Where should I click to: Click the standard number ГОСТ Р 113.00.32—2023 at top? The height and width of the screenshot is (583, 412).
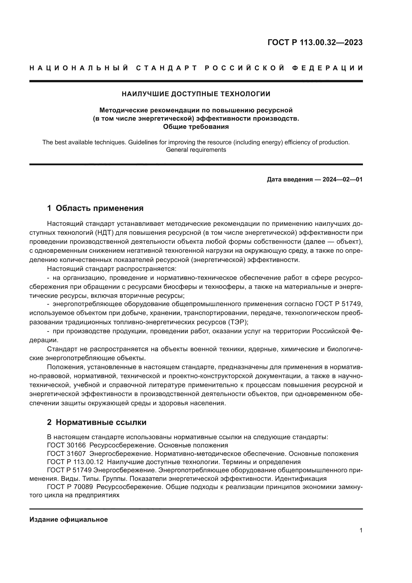[x=315, y=42]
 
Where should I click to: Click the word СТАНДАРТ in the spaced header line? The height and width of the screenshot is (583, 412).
[x=167, y=68]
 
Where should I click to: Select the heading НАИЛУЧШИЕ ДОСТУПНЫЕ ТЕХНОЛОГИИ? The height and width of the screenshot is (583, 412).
[x=196, y=94]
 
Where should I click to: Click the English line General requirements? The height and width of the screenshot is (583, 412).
[x=196, y=150]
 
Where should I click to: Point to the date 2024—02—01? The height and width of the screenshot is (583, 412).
[x=342, y=179]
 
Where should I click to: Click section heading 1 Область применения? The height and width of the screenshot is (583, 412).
[x=95, y=208]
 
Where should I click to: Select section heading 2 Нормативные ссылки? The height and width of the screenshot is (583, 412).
[x=97, y=422]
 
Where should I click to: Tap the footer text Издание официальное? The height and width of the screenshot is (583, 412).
[x=69, y=519]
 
